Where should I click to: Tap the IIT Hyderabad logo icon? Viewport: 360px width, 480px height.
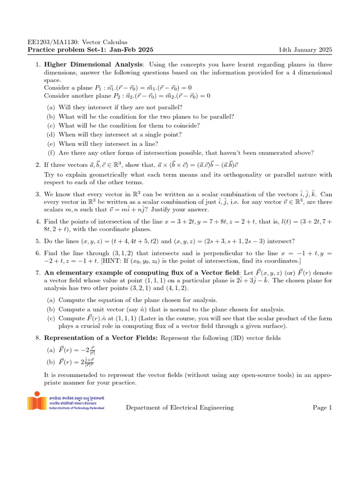(37, 403)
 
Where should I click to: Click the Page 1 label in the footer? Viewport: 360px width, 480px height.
(322, 407)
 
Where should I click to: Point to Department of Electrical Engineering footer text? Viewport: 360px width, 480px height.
(180, 407)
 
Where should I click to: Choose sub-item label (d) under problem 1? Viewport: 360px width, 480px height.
(51, 135)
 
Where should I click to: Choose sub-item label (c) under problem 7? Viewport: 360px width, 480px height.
(51, 318)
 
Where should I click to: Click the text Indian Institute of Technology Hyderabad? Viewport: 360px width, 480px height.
(76, 408)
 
